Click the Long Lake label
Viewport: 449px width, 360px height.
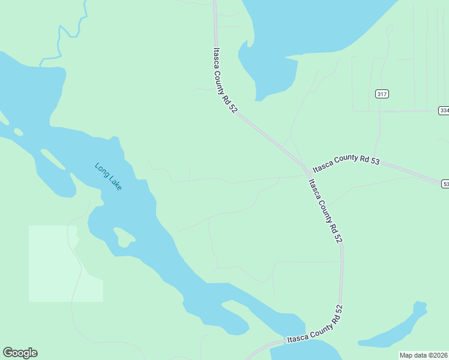click(109, 176)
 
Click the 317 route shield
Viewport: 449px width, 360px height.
click(382, 94)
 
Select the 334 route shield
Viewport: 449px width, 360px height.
click(444, 110)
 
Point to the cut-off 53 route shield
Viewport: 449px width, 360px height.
click(445, 184)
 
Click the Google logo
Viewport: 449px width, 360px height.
click(20, 353)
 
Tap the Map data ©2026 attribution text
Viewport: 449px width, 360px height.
click(423, 355)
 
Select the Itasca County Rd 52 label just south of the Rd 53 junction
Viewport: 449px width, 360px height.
click(325, 211)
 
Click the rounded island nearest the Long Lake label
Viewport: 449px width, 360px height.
click(124, 236)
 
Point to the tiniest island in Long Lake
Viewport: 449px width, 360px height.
click(18, 131)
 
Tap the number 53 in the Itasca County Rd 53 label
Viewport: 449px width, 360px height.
click(375, 163)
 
